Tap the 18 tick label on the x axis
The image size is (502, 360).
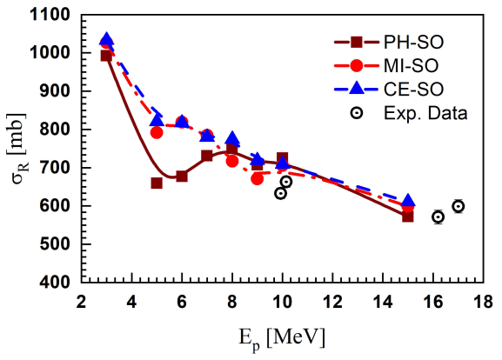482,301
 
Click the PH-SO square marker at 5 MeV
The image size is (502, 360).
157,183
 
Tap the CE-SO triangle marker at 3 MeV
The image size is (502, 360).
106,40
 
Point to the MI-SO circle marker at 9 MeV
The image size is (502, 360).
257,178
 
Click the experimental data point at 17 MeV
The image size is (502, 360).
458,206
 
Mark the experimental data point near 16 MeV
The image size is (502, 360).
438,217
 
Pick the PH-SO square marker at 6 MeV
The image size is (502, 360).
182,176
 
